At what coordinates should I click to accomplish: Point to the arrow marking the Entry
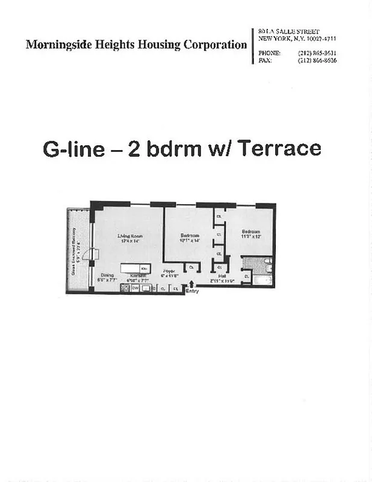point(192,284)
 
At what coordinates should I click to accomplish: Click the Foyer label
point(169,272)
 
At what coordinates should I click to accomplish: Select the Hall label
point(222,276)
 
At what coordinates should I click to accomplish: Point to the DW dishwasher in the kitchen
point(135,288)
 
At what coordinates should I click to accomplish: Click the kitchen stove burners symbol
point(125,288)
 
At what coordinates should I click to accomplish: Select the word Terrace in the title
point(279,148)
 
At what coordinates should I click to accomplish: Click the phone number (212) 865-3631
point(317,52)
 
